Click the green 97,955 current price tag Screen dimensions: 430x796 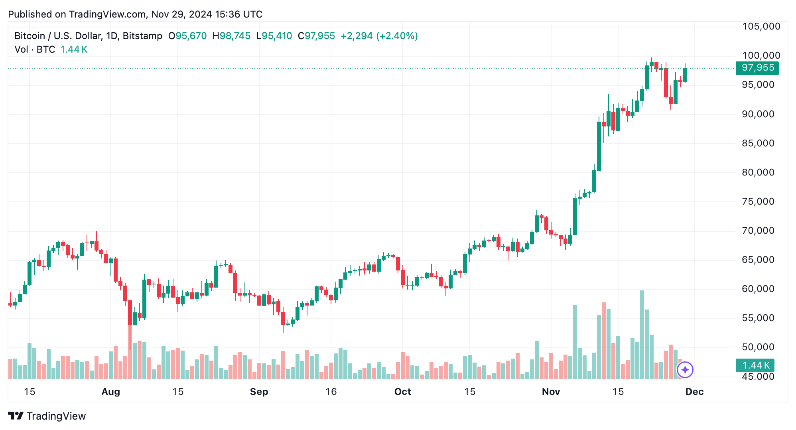pos(757,68)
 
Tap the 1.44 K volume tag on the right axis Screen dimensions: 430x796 pos(755,365)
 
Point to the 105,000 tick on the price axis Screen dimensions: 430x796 pos(761,26)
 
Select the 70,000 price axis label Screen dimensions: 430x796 pos(758,231)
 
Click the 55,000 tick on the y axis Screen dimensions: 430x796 pos(758,318)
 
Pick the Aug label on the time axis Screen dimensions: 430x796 pos(111,392)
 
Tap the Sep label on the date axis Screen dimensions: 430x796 pos(259,392)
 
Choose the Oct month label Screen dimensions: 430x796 pos(402,392)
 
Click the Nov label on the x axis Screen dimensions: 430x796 pos(551,392)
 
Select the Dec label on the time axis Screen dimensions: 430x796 pos(694,392)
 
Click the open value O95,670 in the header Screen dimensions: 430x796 pos(187,36)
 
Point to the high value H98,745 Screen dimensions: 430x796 pos(231,36)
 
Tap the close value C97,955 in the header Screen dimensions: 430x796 pos(316,36)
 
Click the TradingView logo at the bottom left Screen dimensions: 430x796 pos(47,416)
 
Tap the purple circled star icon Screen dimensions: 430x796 pos(685,370)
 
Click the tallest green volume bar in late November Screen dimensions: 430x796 pos(642,335)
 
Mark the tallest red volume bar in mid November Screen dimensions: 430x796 pos(604,341)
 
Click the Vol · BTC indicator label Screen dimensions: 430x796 pos(35,49)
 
